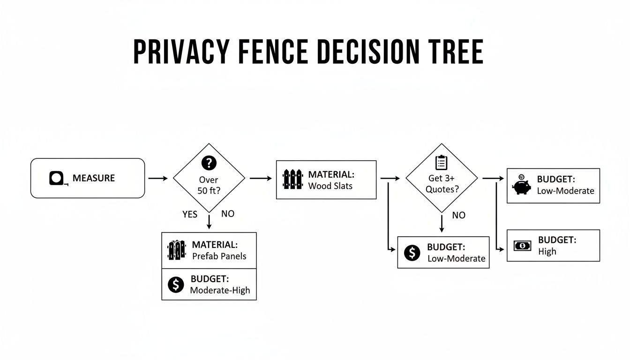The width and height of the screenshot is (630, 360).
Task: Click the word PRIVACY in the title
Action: coord(182,52)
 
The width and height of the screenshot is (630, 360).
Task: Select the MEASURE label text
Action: coord(94,178)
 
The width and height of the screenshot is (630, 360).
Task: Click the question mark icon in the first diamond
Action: coord(209,163)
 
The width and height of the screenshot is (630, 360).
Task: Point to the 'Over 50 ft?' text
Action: coord(209,185)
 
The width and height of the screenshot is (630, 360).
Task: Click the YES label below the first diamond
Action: coord(190,214)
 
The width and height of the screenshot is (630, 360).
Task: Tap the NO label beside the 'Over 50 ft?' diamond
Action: coord(227,214)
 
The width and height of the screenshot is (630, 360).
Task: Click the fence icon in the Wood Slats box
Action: coord(293,180)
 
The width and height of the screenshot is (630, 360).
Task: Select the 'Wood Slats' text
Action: coord(330,186)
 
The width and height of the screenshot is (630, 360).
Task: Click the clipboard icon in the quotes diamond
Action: coord(441,162)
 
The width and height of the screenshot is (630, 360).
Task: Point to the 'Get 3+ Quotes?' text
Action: coord(441,183)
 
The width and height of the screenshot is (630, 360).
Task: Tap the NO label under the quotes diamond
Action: coord(458,215)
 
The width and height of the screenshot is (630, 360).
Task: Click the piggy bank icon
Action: coord(521,185)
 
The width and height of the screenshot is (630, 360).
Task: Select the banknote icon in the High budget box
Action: coord(522,245)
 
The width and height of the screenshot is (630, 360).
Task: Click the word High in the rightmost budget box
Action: coord(547,251)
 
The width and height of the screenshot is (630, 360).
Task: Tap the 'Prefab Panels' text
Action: coord(219,256)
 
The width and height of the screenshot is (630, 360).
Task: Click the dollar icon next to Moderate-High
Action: coord(176,284)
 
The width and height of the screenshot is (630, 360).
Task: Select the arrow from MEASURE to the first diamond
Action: coord(157,179)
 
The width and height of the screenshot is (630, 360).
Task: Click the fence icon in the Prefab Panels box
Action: coord(177,250)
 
